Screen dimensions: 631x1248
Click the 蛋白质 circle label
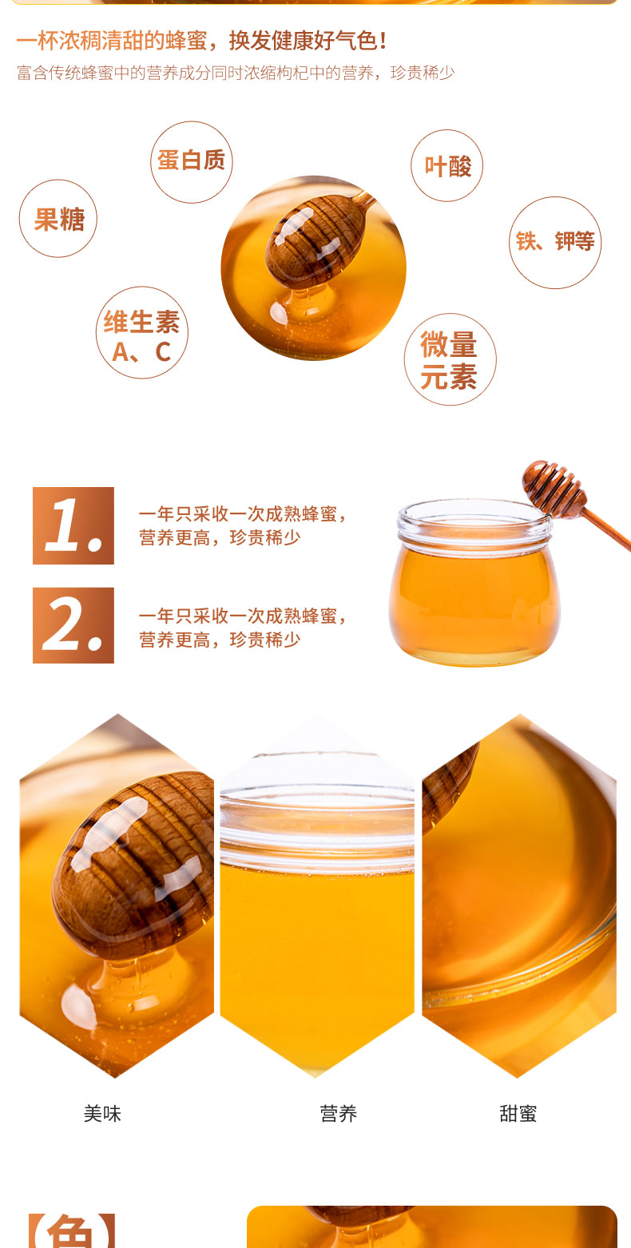tap(191, 161)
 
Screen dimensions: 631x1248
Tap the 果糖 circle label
tap(58, 219)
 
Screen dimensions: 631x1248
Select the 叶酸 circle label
tap(447, 165)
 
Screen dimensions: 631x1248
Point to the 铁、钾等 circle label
tap(555, 243)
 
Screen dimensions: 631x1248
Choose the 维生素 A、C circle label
tap(142, 333)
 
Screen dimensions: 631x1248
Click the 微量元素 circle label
tap(450, 359)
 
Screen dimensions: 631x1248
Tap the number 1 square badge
tap(73, 525)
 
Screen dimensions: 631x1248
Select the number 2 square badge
tap(73, 625)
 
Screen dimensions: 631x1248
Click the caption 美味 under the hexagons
tap(102, 1113)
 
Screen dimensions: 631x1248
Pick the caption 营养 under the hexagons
tap(339, 1113)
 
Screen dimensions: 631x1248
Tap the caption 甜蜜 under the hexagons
tap(518, 1113)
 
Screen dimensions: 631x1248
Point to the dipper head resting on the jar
tap(554, 489)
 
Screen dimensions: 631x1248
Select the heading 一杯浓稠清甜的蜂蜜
tap(112, 41)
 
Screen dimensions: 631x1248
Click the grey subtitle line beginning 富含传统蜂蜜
tap(236, 73)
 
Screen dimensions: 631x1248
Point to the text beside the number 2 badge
tap(243, 628)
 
